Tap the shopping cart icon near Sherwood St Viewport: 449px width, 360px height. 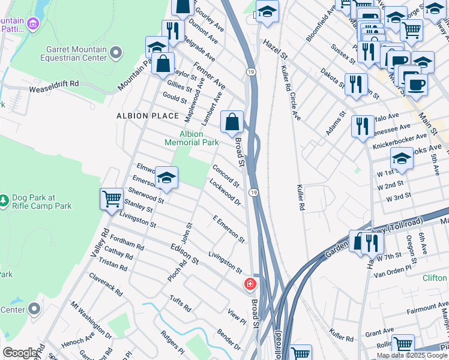pyautogui.click(x=112, y=199)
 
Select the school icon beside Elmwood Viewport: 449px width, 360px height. pyautogui.click(x=166, y=178)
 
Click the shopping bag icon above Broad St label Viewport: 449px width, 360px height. pyautogui.click(x=232, y=122)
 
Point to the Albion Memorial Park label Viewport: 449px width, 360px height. pyautogui.click(x=191, y=138)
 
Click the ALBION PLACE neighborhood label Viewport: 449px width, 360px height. pyautogui.click(x=148, y=116)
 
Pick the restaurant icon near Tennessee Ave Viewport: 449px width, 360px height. pyautogui.click(x=363, y=127)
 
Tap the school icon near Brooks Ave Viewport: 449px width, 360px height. pyautogui.click(x=402, y=158)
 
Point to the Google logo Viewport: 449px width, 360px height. pyautogui.click(x=20, y=353)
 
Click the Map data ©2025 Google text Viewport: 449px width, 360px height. pyautogui.click(x=411, y=355)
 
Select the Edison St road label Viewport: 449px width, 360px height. pyautogui.click(x=184, y=255)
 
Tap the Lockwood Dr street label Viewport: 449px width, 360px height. pyautogui.click(x=226, y=193)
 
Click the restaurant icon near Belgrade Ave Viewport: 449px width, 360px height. pyautogui.click(x=172, y=31)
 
